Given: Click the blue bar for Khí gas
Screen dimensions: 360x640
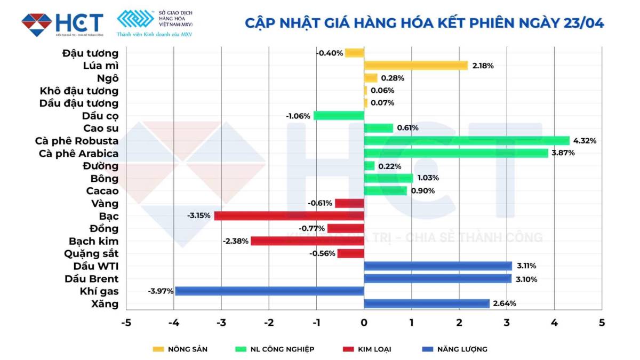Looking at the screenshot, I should click(269, 291).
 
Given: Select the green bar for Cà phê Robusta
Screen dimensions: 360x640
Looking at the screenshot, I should click(467, 141).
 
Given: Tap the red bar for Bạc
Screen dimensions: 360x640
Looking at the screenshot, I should click(289, 216).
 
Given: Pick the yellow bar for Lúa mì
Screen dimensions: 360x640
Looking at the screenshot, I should click(416, 66).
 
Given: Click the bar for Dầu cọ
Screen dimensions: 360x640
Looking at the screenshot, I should click(339, 116).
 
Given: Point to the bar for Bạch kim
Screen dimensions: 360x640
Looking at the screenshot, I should click(307, 241).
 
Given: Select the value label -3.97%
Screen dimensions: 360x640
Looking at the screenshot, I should click(161, 291).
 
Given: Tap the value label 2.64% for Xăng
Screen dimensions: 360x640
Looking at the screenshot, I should click(504, 303).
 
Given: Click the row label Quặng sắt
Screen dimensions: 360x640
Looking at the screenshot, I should click(91, 253).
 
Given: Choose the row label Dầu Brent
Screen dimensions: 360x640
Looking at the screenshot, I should click(92, 278).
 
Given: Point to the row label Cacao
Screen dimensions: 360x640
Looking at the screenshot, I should click(102, 191).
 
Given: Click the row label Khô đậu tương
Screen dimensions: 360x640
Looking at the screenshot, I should click(79, 91).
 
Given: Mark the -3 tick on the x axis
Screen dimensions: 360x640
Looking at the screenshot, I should click(221, 323).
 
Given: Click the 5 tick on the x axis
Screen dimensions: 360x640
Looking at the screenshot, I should click(602, 323).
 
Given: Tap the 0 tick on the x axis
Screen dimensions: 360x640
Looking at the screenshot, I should click(364, 323).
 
